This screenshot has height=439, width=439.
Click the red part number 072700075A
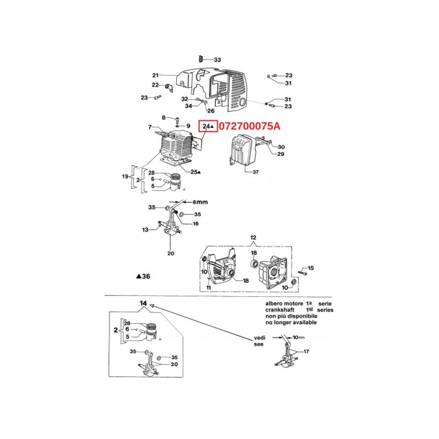point(249,126)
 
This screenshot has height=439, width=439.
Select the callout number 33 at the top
point(217,60)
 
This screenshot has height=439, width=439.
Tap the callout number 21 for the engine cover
point(155,75)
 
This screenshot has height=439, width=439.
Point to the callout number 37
point(255,172)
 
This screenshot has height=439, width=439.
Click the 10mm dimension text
point(299,337)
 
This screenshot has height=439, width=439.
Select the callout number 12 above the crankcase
point(253,238)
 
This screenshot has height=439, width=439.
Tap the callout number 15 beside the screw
point(311,268)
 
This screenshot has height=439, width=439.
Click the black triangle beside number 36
point(139,276)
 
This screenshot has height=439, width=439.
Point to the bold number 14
point(143,303)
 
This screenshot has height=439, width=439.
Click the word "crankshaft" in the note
point(280,310)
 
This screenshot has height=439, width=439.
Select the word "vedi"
point(260,338)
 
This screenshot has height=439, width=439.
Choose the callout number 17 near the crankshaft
point(306,351)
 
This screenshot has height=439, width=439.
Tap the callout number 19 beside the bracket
point(125,176)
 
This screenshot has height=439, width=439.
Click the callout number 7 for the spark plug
point(150,127)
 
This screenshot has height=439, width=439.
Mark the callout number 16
point(196,224)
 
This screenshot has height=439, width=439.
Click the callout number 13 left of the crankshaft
point(145,230)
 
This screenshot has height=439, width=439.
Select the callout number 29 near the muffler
point(281,154)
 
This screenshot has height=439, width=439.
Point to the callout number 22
point(155,85)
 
